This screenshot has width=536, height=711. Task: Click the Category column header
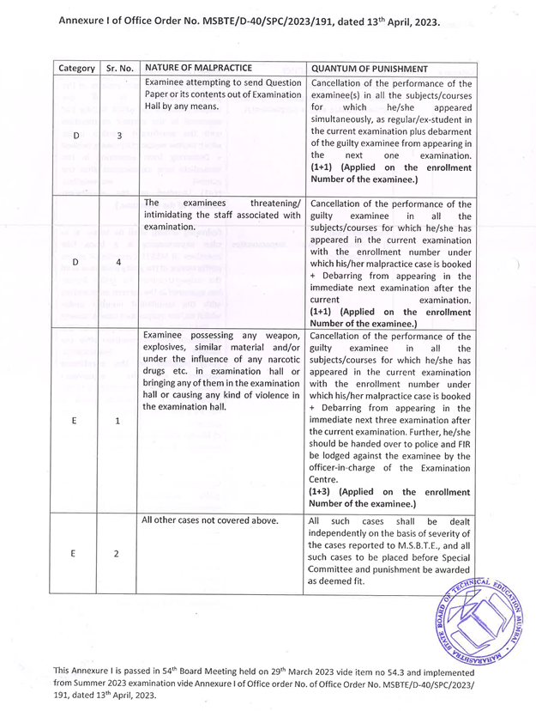coord(77,67)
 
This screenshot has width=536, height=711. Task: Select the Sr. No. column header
coord(116,67)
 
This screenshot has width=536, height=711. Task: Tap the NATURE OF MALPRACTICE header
coord(198,66)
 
